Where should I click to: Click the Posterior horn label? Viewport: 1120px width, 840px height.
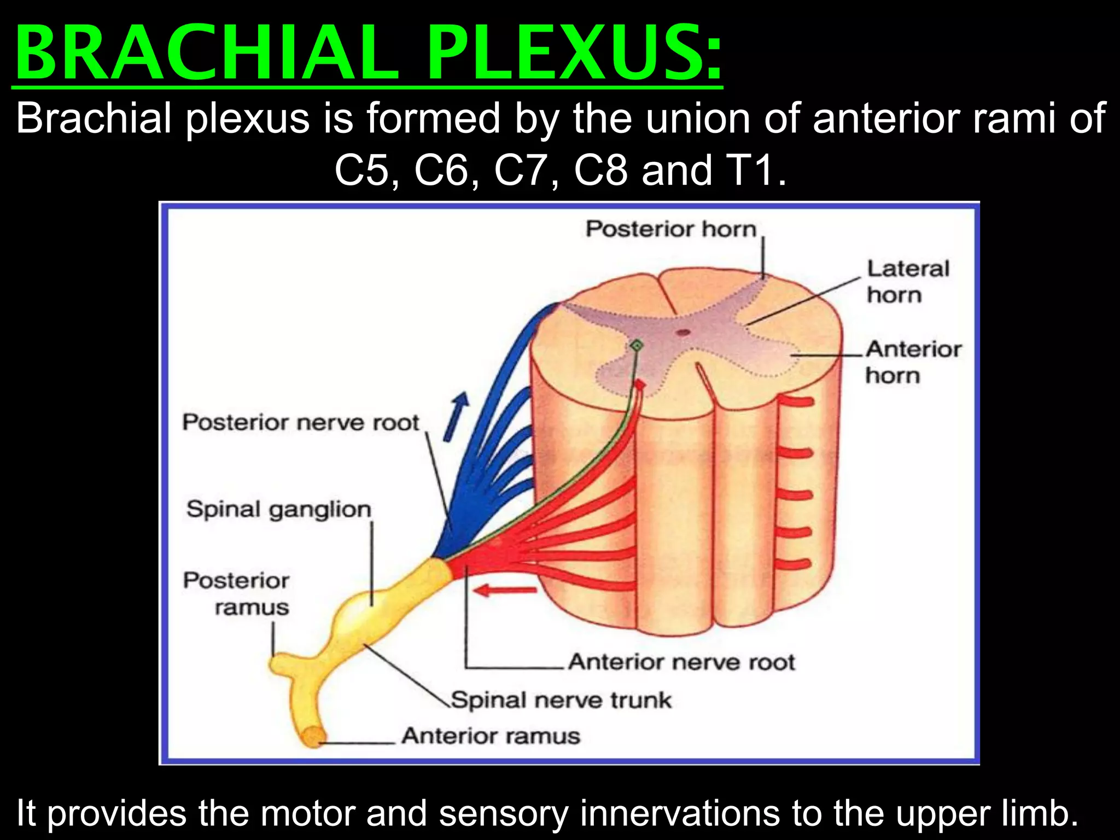pos(671,229)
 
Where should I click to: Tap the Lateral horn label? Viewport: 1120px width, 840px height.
pos(908,282)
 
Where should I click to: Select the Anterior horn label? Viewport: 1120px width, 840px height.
pos(913,362)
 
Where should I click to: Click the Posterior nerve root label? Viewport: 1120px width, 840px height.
pos(300,423)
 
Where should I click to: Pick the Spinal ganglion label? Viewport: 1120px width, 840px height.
pos(279,509)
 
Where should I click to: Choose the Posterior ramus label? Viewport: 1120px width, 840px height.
pos(236,593)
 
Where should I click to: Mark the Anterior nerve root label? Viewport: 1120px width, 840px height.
pos(681,662)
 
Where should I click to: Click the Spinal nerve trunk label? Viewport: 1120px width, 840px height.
pos(561,700)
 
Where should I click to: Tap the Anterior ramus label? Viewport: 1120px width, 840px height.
pos(491,736)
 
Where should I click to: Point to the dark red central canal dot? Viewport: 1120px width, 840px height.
pos(682,332)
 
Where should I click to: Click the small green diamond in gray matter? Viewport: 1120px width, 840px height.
pos(637,345)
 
